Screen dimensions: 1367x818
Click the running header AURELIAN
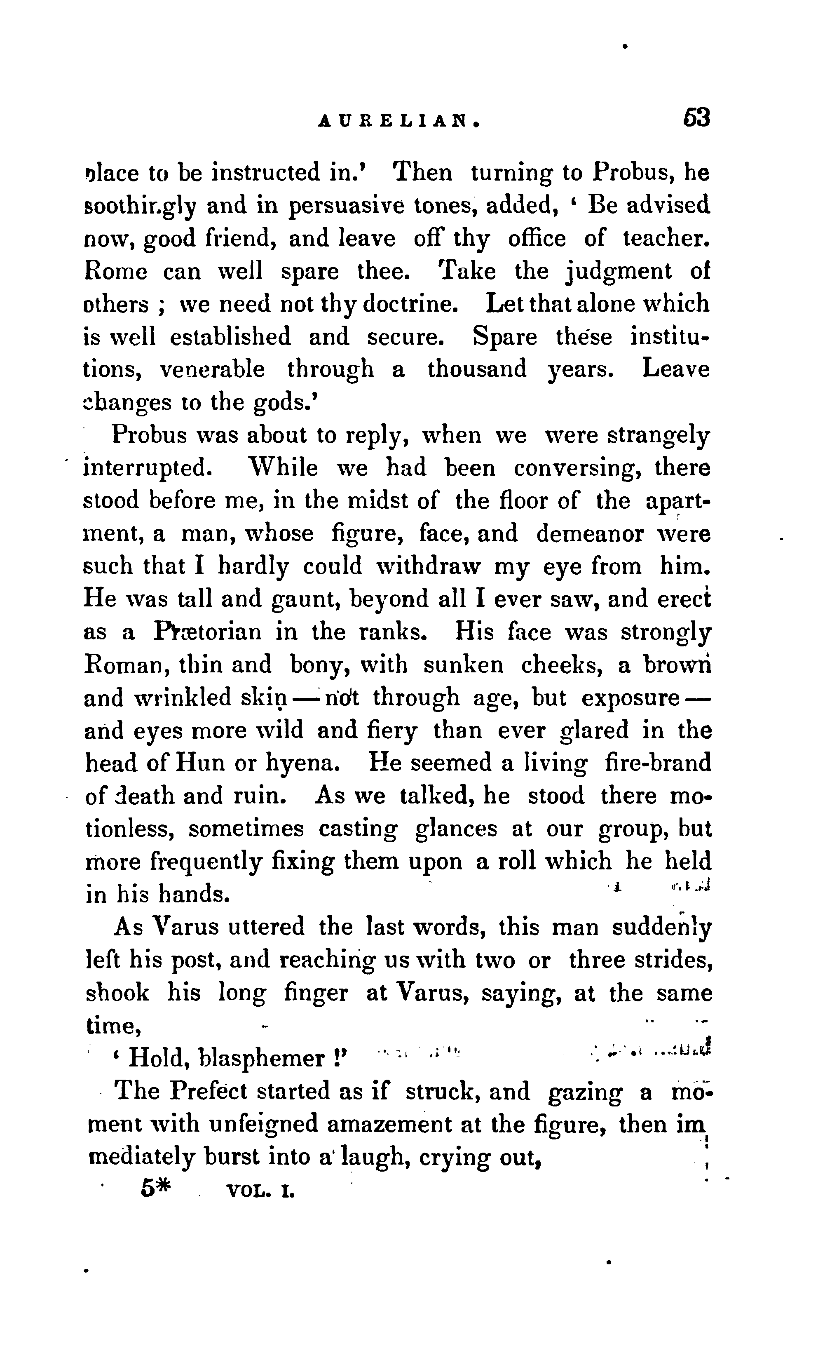400,121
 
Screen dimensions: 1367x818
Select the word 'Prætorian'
207,632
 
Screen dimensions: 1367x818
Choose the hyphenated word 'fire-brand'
658,764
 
